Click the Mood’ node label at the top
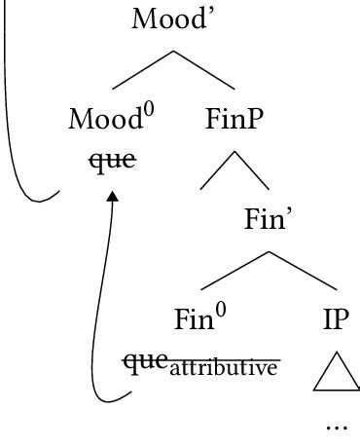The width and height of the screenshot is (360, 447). (174, 19)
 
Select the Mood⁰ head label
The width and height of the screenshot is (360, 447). (111, 118)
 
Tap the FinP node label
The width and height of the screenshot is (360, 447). (234, 119)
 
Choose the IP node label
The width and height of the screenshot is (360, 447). (336, 318)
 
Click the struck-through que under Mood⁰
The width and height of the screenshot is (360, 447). (113, 161)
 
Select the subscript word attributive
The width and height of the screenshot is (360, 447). (224, 367)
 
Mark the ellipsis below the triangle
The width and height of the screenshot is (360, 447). (337, 428)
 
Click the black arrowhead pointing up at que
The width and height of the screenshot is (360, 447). (113, 196)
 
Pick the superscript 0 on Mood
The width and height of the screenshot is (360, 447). (149, 111)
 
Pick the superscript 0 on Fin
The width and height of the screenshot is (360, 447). (221, 310)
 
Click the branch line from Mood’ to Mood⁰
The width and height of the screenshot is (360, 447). (142, 70)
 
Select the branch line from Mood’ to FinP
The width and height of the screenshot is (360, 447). (204, 70)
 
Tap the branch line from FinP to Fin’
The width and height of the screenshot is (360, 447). (252, 170)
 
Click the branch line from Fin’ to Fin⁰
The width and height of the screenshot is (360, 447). (234, 271)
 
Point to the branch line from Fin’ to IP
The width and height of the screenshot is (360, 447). (303, 271)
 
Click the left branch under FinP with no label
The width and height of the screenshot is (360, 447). (217, 170)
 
